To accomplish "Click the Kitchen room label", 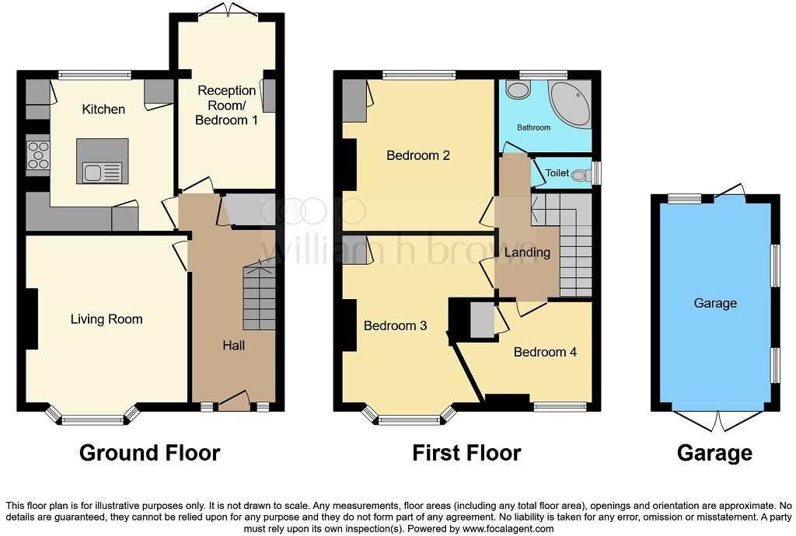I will coord(103,110).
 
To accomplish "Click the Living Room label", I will coord(106,319).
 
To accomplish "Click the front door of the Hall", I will coord(234,402).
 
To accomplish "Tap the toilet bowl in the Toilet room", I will coord(580,176).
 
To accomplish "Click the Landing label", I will coord(528,252).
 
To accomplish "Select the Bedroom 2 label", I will coord(418,155).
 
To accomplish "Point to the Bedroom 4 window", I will coord(560,405).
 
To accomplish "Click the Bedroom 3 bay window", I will coord(409,420).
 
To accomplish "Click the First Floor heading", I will coord(466,453).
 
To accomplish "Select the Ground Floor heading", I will coord(149,453).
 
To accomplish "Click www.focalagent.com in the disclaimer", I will coord(509,528).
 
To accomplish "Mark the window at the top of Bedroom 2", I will coord(419,75).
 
